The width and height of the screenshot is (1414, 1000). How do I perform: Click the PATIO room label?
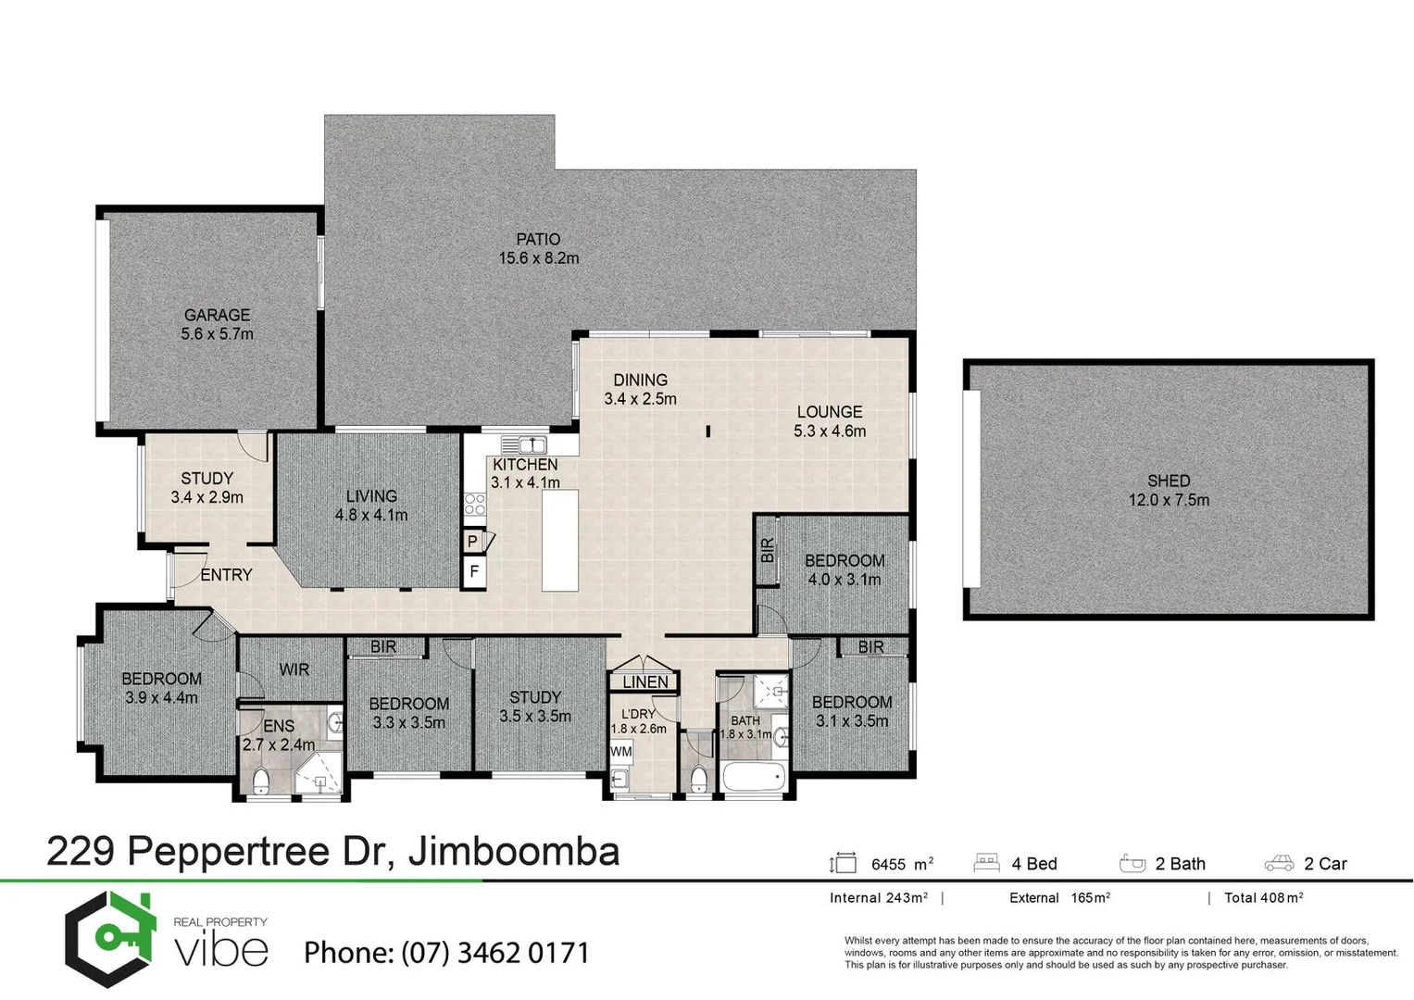pyautogui.click(x=538, y=240)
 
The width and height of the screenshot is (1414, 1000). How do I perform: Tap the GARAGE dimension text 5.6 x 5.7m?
pyautogui.click(x=217, y=334)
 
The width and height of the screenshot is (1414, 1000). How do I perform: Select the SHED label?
pyautogui.click(x=1168, y=481)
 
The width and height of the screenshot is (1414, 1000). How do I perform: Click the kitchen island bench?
pyautogui.click(x=559, y=540)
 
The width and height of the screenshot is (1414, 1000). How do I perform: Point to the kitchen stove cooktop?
pyautogui.click(x=475, y=505)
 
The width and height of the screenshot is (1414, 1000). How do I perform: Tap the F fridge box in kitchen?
pyautogui.click(x=473, y=572)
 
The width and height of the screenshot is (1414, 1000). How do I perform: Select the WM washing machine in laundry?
pyautogui.click(x=620, y=751)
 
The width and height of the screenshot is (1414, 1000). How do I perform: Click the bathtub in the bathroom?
pyautogui.click(x=754, y=778)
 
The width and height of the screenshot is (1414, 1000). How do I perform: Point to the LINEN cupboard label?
pyautogui.click(x=644, y=682)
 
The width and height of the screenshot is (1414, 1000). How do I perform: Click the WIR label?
pyautogui.click(x=294, y=669)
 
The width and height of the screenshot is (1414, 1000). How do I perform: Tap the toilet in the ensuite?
pyautogui.click(x=261, y=781)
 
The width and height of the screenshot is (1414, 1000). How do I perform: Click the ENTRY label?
pyautogui.click(x=226, y=575)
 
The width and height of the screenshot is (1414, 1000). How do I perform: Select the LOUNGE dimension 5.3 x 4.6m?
pyautogui.click(x=830, y=431)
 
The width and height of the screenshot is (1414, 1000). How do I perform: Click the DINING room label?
pyautogui.click(x=640, y=380)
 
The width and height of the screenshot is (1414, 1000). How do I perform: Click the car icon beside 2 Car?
pyautogui.click(x=1279, y=864)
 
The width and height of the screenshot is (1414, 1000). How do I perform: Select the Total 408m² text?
pyautogui.click(x=1263, y=897)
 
